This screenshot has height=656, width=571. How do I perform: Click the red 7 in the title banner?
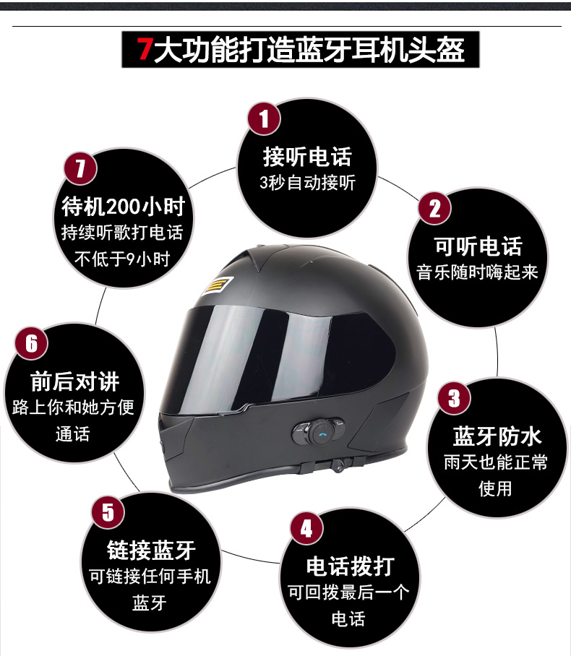[x=145, y=49]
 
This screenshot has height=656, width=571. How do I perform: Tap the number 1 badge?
[x=264, y=118]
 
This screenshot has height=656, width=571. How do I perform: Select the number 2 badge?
[x=434, y=208]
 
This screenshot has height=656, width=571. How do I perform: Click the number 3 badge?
[x=454, y=398]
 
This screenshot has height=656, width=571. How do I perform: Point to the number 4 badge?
[x=306, y=529]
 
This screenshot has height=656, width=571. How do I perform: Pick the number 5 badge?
[x=108, y=512]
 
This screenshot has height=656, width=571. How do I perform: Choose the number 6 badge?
[x=31, y=343]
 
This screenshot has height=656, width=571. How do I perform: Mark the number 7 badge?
[x=80, y=168]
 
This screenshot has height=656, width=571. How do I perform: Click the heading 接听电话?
[x=307, y=157]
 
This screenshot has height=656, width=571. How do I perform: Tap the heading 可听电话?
[x=478, y=246]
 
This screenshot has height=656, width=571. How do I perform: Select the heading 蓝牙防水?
[x=497, y=436]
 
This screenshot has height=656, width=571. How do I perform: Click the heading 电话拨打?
[x=351, y=566]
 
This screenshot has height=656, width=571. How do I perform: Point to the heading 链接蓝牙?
[x=151, y=550]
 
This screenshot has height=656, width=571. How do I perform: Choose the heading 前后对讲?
[x=75, y=381]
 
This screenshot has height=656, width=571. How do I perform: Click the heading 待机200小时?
[x=124, y=207]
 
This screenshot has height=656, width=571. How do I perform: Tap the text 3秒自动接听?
[x=307, y=183]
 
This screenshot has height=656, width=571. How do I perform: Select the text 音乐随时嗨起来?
[x=477, y=272]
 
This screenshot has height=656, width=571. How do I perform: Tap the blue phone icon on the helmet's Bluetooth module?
[x=322, y=433]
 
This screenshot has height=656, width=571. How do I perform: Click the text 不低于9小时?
[x=122, y=259]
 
